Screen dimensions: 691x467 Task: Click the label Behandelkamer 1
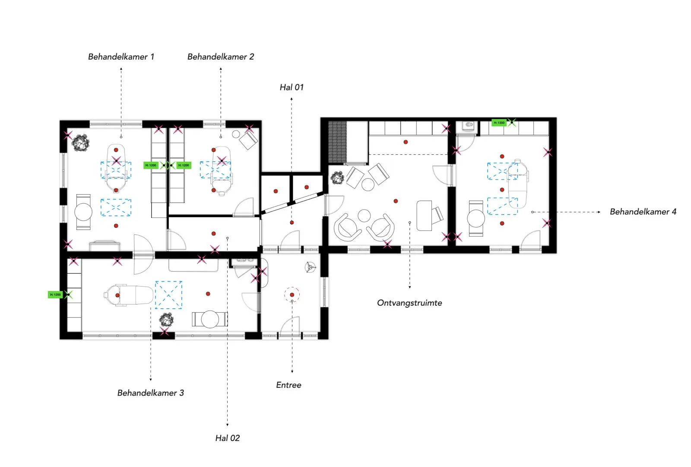(121, 57)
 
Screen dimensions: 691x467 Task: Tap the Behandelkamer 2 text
(221, 57)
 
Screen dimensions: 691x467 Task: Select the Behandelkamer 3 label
(151, 393)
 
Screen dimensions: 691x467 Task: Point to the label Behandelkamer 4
(643, 212)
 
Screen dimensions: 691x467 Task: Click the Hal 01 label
(292, 87)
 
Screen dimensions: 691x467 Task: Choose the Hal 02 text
(227, 438)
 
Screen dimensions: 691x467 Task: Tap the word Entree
(288, 385)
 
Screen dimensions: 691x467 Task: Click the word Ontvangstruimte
(409, 303)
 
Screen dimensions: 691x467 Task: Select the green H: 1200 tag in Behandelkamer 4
(499, 123)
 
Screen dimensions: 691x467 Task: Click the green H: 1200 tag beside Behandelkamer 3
(55, 294)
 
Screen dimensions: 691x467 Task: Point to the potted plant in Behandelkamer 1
(81, 143)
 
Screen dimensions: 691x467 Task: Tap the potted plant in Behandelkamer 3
(166, 320)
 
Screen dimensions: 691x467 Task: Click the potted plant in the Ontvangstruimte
(337, 178)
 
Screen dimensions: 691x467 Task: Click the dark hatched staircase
(337, 142)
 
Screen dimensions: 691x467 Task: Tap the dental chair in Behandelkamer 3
(128, 295)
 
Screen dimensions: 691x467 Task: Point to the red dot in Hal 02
(213, 233)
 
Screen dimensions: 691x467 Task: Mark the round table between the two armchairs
(365, 216)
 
